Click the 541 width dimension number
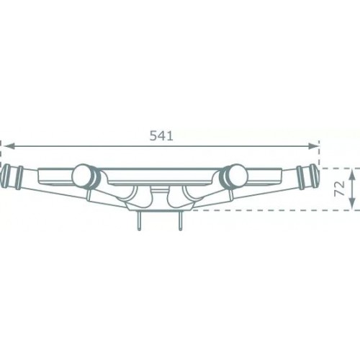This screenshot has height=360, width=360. pyautogui.click(x=161, y=136)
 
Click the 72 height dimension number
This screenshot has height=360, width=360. pyautogui.click(x=340, y=189)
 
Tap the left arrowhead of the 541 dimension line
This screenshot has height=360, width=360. pyautogui.click(x=9, y=146)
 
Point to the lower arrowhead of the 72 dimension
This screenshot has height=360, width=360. pyautogui.click(x=352, y=204)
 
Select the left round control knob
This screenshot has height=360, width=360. pyautogui.click(x=81, y=175)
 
